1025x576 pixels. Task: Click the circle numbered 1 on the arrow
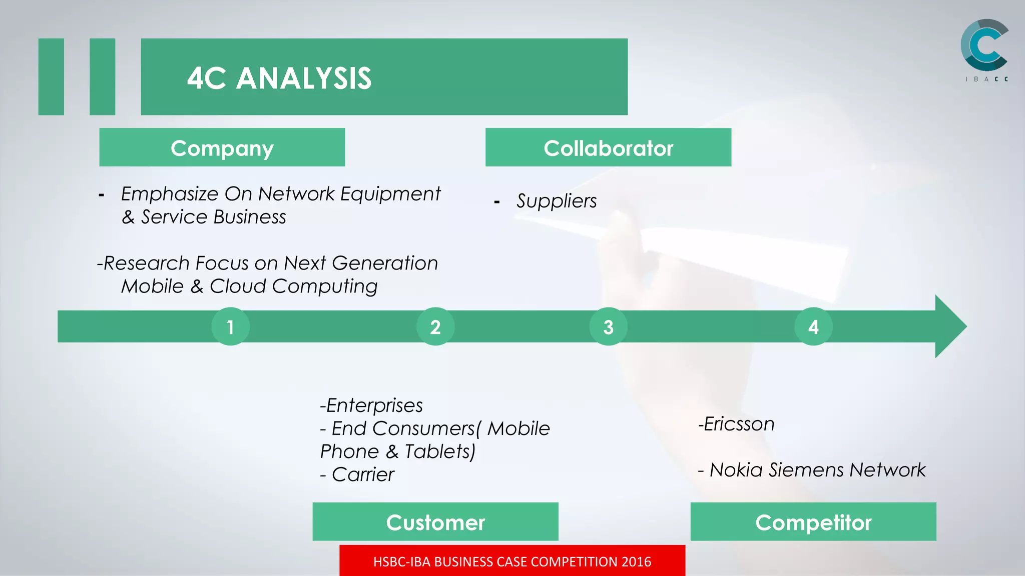point(230,326)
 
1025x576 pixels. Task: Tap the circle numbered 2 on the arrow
point(435,326)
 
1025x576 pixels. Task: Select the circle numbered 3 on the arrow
point(608,326)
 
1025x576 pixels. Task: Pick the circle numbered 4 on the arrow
point(813,326)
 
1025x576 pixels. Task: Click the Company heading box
point(222,147)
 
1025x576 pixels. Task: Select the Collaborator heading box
point(608,147)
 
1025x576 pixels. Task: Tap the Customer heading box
point(435,521)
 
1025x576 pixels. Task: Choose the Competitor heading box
point(813,521)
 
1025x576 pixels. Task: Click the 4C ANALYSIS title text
point(279,78)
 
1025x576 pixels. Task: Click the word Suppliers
point(557,201)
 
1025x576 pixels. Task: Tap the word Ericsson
point(739,424)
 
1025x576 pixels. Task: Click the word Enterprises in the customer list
point(374,405)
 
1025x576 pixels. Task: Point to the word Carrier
point(363,474)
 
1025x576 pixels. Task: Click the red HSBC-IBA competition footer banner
point(512,561)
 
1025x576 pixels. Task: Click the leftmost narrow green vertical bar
point(51,76)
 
